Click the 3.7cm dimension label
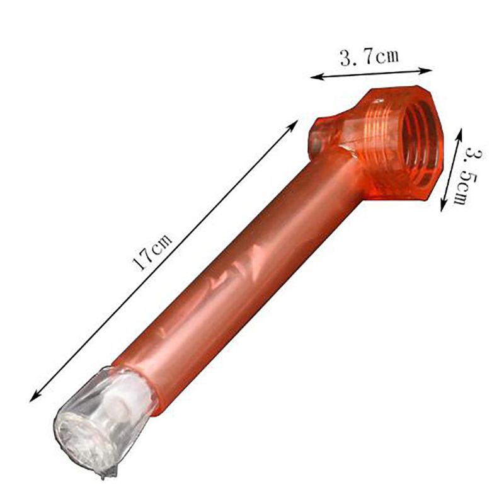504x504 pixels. coord(369,58)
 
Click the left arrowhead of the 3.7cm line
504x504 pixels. coord(316,77)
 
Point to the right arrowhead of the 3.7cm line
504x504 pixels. coord(426,71)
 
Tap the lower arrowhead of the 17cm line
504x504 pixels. coord(35,397)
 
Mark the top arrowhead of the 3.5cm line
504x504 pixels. coord(459,134)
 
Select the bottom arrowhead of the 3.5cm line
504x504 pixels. coord(443,206)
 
